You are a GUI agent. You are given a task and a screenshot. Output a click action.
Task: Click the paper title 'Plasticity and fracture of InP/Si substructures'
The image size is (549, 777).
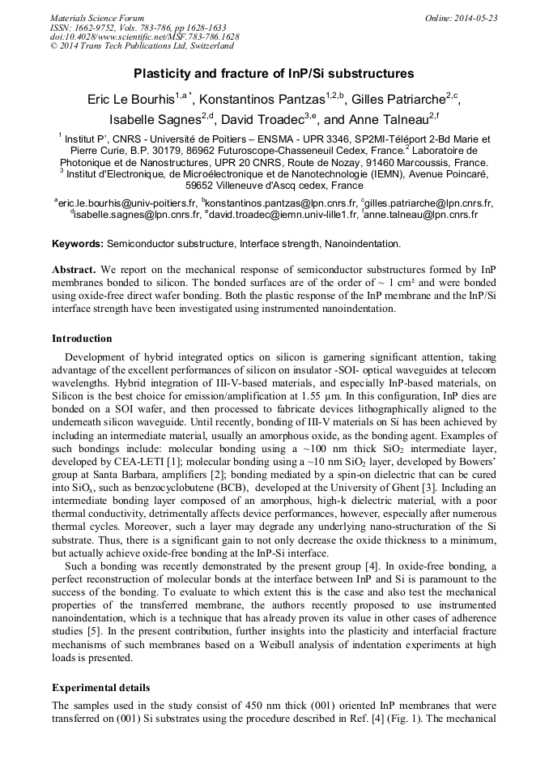[x=274, y=74]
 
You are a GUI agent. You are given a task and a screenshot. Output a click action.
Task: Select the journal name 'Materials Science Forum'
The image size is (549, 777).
[x=97, y=18]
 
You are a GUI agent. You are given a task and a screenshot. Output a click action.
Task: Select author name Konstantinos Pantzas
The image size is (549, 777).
[x=263, y=100]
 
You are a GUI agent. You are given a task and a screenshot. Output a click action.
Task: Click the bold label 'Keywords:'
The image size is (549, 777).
[x=78, y=243]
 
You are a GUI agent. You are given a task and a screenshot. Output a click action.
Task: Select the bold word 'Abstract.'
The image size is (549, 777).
[x=75, y=268]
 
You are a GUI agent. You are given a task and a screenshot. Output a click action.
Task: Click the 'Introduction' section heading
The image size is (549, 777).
[x=82, y=339]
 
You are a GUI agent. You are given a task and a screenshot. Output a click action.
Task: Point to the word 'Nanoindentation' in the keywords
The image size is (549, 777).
[x=359, y=243]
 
